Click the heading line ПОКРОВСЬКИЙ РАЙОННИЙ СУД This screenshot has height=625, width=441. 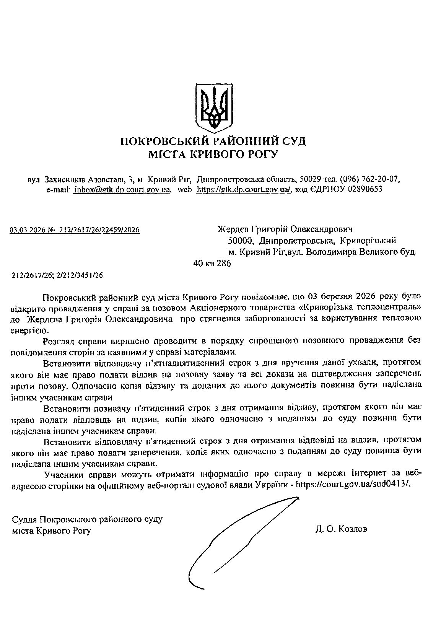click(213, 141)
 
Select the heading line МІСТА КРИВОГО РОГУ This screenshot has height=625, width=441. click(213, 155)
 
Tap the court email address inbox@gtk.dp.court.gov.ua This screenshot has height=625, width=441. click(122, 189)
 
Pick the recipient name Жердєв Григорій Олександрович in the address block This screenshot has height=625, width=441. click(285, 229)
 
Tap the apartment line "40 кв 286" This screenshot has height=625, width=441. click(213, 264)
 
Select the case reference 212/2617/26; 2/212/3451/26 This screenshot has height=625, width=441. click(57, 275)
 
